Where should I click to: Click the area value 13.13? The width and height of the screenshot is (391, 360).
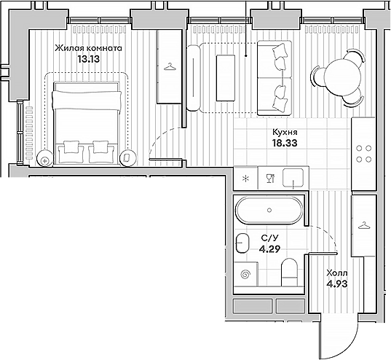point(89,60)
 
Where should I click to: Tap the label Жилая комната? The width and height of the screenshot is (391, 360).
point(88,49)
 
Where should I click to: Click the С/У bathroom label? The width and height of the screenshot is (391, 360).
point(268,238)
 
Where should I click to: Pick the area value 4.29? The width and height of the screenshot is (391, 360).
point(269,249)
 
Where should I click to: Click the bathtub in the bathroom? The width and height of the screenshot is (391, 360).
point(269,211)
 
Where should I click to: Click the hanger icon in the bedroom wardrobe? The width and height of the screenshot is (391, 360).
point(170,68)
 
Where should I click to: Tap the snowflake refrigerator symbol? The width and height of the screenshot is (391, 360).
point(245,177)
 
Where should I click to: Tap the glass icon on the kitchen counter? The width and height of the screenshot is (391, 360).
point(269,177)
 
